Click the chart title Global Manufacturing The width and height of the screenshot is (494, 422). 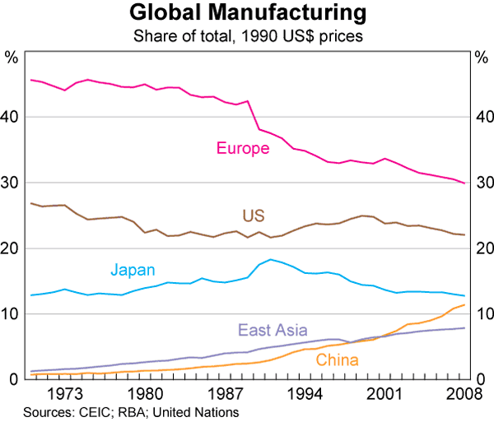(247, 14)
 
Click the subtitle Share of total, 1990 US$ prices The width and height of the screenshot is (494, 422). (247, 35)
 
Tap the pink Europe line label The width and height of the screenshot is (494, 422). (243, 149)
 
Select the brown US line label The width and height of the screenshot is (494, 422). (254, 216)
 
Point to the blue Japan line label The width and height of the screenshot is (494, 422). (133, 270)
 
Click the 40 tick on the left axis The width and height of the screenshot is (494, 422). (12, 117)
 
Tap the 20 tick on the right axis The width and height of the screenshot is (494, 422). (482, 248)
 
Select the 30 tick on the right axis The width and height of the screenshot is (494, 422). (482, 183)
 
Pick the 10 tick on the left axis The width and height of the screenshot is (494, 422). (12, 314)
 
